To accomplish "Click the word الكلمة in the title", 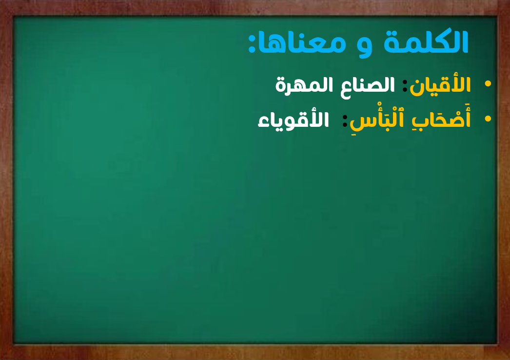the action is point(426,41).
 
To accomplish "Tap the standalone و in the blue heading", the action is point(364,46).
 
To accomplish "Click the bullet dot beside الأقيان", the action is point(488,83).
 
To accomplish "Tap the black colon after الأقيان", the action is point(405,86).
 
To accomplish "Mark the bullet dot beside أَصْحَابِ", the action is point(488,119).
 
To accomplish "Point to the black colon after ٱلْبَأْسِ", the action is point(345,121).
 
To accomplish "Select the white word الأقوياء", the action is point(293,120).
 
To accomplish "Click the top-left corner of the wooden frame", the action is point(0,0).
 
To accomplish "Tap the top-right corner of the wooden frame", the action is point(510,0).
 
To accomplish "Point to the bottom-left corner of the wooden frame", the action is point(0,360).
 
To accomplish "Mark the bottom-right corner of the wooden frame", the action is point(510,360).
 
